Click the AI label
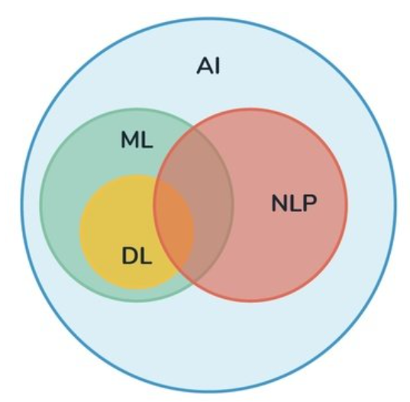(x=208, y=66)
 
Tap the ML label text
(x=137, y=140)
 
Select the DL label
(x=137, y=256)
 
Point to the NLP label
(x=294, y=203)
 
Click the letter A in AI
(x=204, y=66)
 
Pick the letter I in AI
(x=218, y=66)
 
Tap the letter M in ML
(x=131, y=140)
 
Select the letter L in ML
(x=147, y=140)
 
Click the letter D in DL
(x=130, y=256)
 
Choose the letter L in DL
(x=147, y=256)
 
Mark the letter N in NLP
(x=279, y=203)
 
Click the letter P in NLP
(x=311, y=203)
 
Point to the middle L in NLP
(x=295, y=203)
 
